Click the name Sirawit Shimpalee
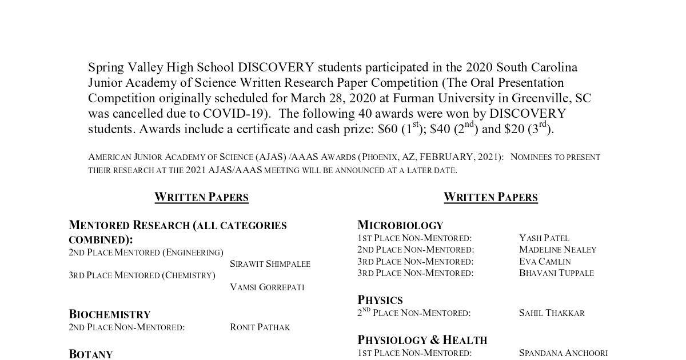coord(270,264)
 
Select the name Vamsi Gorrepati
coord(267,287)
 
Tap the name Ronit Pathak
coord(260,327)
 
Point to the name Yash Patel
coord(544,238)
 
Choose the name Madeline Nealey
coord(557,250)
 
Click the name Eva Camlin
coord(545,261)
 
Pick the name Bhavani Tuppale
coord(556,273)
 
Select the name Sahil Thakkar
coord(552,313)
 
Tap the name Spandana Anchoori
coord(563,353)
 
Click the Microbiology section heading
coord(400,225)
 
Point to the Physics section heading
coord(380,300)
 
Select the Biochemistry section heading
coord(110,314)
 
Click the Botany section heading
coord(91,354)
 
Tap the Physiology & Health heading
coord(422,340)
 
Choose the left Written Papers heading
coord(201,197)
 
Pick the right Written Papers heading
coord(490,197)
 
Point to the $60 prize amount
coord(388,129)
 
